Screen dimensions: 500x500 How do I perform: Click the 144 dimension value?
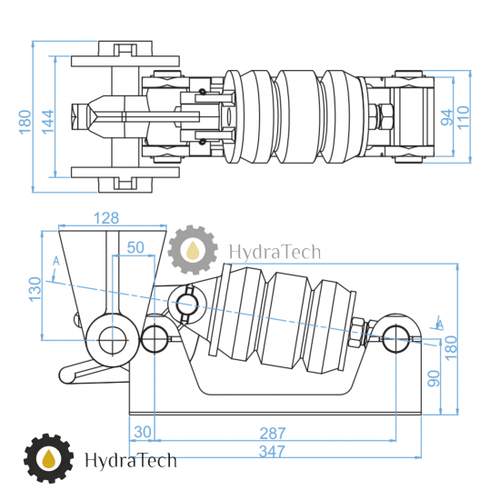point(48,122)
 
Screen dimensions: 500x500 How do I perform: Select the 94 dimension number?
point(446,117)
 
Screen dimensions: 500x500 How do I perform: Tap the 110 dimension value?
point(464,117)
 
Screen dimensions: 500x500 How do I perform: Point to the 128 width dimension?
point(106,218)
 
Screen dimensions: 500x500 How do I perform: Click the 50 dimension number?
point(135,247)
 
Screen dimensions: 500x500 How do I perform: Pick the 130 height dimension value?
point(35,289)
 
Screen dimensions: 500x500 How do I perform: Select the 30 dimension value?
point(143,432)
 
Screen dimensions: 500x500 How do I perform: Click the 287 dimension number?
point(273,434)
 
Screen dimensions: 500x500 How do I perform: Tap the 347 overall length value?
point(272,452)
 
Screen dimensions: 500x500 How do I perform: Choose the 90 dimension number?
point(434,378)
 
